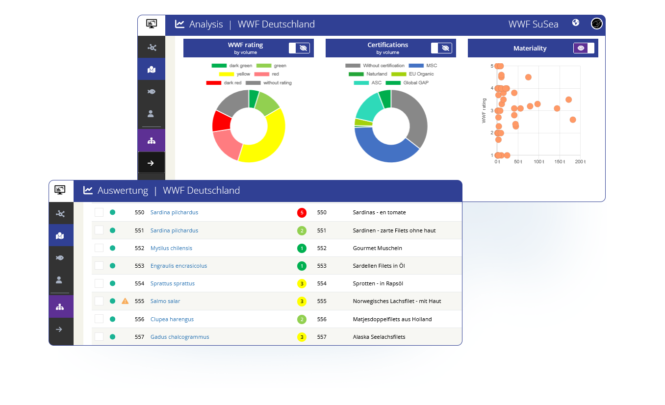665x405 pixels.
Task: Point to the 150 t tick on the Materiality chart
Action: click(x=560, y=162)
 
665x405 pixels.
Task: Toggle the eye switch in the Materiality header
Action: click(x=584, y=48)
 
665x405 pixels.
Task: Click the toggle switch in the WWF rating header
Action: click(x=299, y=48)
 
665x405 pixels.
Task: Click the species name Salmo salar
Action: click(x=165, y=301)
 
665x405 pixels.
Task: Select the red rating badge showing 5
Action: click(x=302, y=213)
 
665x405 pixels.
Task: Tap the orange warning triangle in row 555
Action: click(x=125, y=301)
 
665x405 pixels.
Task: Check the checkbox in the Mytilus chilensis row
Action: click(x=99, y=248)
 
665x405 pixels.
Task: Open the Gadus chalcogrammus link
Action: click(x=179, y=337)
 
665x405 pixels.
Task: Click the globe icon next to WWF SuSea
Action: click(x=576, y=23)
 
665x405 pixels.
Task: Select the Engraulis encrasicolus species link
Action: click(x=179, y=266)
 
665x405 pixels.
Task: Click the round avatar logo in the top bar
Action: click(x=596, y=24)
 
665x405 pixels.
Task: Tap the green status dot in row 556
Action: click(x=112, y=319)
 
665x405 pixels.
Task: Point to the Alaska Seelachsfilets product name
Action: click(x=379, y=337)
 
